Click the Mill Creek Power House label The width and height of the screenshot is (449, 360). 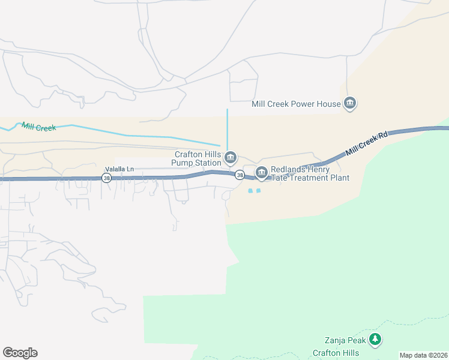296,104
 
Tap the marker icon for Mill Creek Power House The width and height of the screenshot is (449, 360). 351,104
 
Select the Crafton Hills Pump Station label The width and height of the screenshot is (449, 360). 196,158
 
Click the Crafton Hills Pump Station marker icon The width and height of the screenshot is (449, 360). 231,158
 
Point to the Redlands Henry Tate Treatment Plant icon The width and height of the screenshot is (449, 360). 261,173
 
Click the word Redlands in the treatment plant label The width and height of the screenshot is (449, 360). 291,170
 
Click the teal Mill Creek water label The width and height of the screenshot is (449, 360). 38,127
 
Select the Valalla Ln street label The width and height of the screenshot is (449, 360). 119,169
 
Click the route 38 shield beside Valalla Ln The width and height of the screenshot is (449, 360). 107,178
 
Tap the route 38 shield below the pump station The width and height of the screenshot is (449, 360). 240,175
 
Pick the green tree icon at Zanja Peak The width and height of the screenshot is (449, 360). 375,340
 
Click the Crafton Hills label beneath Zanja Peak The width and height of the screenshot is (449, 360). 336,353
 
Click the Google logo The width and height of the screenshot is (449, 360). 20,353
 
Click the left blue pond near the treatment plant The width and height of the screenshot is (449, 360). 250,191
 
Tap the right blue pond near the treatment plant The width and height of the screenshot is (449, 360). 259,191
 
